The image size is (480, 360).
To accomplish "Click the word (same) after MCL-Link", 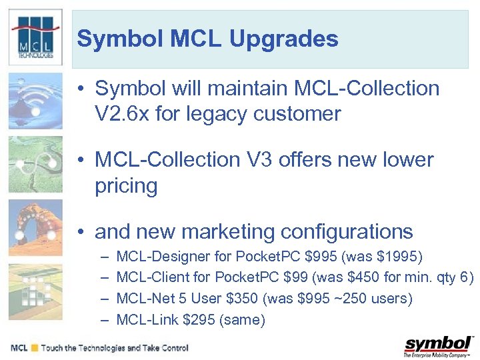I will tap(242, 320).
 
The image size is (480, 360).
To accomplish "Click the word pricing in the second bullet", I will tap(126, 186).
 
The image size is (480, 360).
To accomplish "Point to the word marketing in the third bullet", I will tap(228, 232).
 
